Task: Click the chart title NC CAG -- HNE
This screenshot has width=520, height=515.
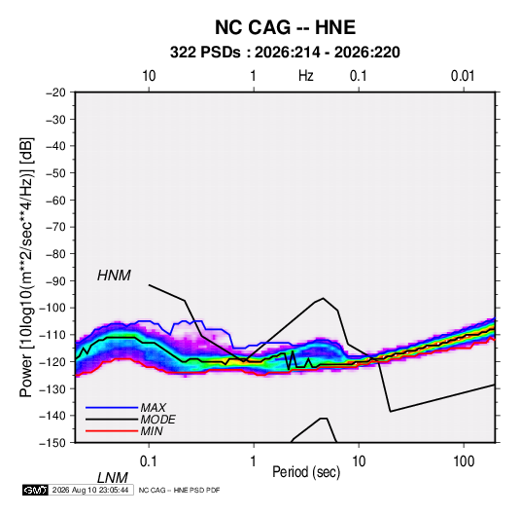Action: (x=285, y=27)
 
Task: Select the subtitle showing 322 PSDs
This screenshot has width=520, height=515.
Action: (x=285, y=53)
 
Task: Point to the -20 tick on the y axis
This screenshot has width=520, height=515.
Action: (x=55, y=92)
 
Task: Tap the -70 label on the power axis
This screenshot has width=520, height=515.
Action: (x=55, y=227)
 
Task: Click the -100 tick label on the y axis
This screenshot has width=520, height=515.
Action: (x=53, y=308)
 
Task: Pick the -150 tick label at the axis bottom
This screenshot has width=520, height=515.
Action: (x=53, y=443)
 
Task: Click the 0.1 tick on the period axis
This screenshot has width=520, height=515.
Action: (x=149, y=460)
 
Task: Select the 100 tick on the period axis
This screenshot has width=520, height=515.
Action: (x=464, y=460)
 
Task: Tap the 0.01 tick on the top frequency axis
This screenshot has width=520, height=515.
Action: (x=463, y=76)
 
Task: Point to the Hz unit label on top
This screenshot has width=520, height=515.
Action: (x=306, y=76)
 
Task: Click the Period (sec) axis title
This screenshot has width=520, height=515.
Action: (x=306, y=472)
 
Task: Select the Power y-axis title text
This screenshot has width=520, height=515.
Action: (x=26, y=267)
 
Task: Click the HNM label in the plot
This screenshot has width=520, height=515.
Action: (x=114, y=276)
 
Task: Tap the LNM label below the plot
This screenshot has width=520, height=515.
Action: (x=112, y=478)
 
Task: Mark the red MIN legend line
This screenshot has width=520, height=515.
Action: (x=112, y=431)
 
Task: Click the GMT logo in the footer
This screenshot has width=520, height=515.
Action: (x=35, y=490)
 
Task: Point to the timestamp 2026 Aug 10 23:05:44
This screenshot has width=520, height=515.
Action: (x=90, y=490)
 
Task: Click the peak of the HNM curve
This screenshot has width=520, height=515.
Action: (x=323, y=298)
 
